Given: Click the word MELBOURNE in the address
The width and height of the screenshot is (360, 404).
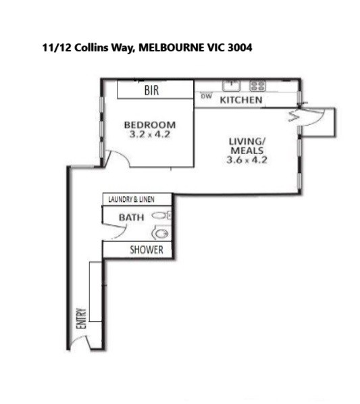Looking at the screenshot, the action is pyautogui.click(x=170, y=48).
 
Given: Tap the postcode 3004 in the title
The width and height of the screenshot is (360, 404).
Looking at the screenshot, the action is pyautogui.click(x=240, y=48).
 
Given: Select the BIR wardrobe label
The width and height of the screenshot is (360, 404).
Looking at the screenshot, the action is pyautogui.click(x=152, y=90).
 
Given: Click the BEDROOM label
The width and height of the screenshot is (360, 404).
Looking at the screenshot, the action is pyautogui.click(x=150, y=125).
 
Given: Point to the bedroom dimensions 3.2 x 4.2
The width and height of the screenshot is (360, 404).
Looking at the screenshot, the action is pyautogui.click(x=150, y=134).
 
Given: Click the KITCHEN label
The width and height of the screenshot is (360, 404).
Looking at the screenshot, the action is pyautogui.click(x=241, y=100).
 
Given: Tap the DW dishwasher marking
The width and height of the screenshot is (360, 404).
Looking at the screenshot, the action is pyautogui.click(x=206, y=97).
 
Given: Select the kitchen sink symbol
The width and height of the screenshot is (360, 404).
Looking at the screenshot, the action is pyautogui.click(x=232, y=86).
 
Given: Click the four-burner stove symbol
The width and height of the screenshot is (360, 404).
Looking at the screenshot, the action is pyautogui.click(x=257, y=86).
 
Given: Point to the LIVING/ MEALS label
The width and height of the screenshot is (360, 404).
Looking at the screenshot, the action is pyautogui.click(x=247, y=146).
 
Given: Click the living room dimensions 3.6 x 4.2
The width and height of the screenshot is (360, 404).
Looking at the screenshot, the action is pyautogui.click(x=247, y=159).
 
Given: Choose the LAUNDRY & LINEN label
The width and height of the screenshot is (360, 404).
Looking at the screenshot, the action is pyautogui.click(x=131, y=199).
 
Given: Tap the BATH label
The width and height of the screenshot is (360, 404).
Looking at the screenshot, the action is pyautogui.click(x=131, y=218).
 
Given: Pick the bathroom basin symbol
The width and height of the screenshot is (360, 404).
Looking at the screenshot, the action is pyautogui.click(x=159, y=215).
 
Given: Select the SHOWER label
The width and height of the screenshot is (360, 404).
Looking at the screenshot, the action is pyautogui.click(x=147, y=250).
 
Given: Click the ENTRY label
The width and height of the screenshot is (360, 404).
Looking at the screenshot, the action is pyautogui.click(x=81, y=318).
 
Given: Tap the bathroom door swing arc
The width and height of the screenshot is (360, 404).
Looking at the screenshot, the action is pyautogui.click(x=122, y=234).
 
